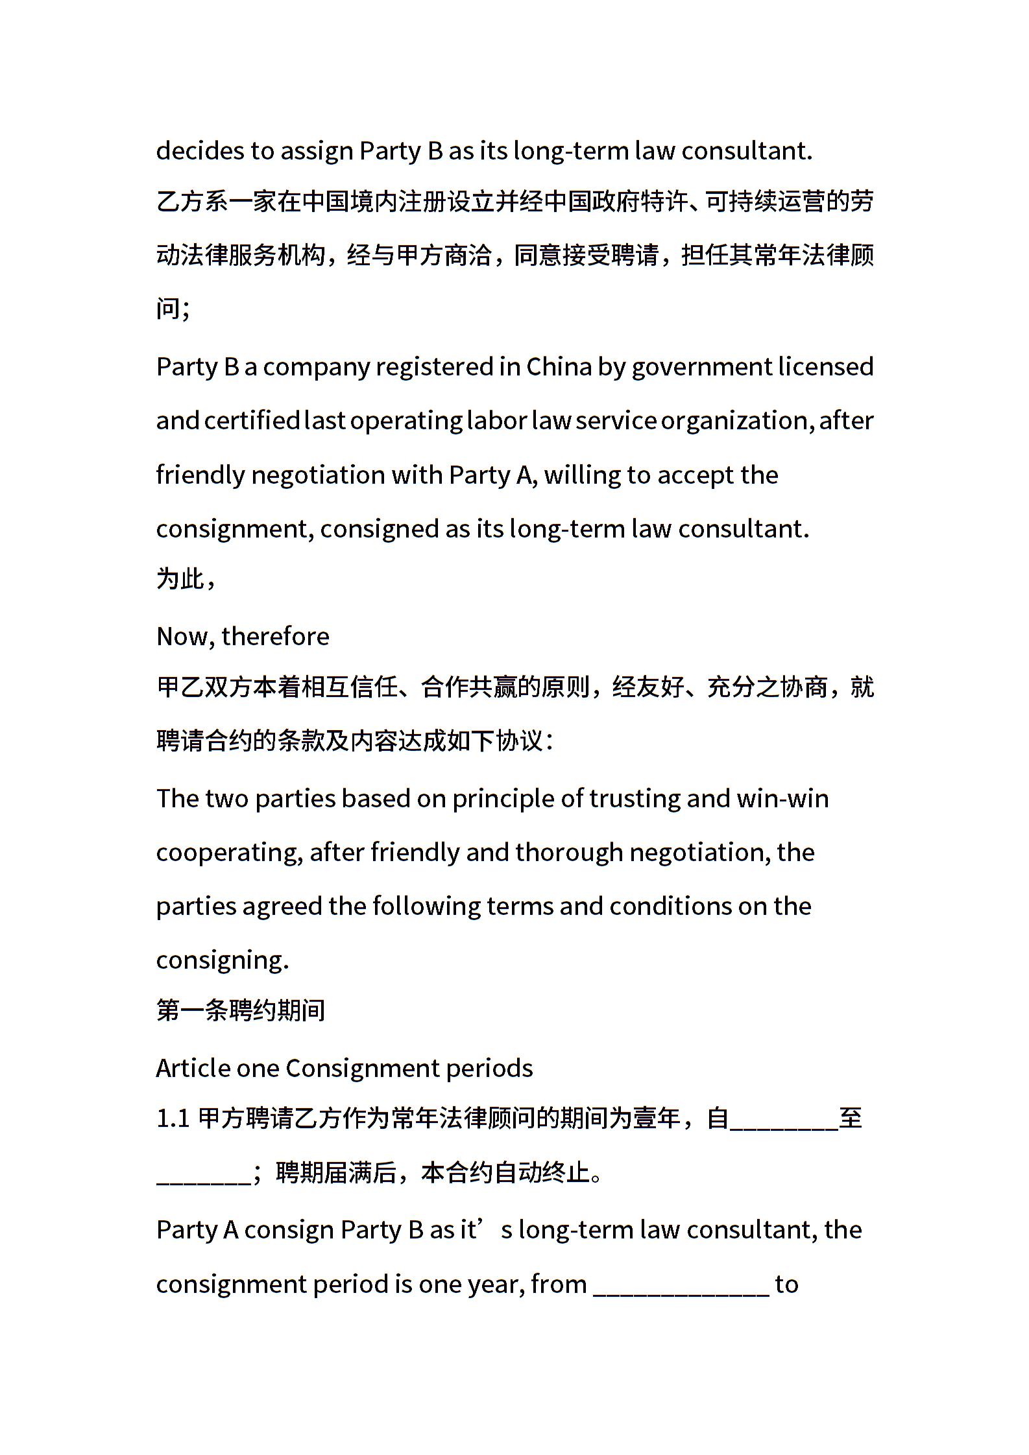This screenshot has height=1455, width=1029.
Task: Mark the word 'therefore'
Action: (275, 637)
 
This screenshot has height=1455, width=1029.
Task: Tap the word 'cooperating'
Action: (229, 853)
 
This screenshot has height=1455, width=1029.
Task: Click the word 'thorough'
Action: (569, 853)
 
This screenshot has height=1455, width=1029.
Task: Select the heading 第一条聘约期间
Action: (241, 1010)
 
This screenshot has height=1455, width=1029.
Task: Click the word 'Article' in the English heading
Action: (192, 1068)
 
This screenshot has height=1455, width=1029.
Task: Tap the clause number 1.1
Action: (173, 1118)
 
